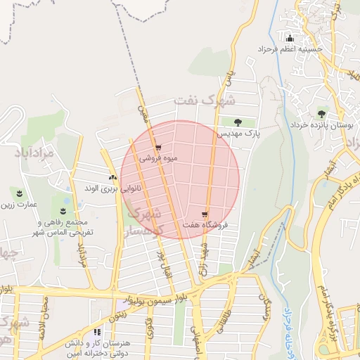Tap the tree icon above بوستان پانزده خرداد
pyautogui.click(x=321, y=113)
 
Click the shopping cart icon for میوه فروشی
pyautogui.click(x=158, y=148)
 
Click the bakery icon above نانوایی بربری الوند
pyautogui.click(x=112, y=178)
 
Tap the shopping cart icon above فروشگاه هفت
pyautogui.click(x=205, y=214)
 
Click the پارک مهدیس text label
pyautogui.click(x=238, y=133)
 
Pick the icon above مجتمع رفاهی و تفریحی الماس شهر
pyautogui.click(x=64, y=210)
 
